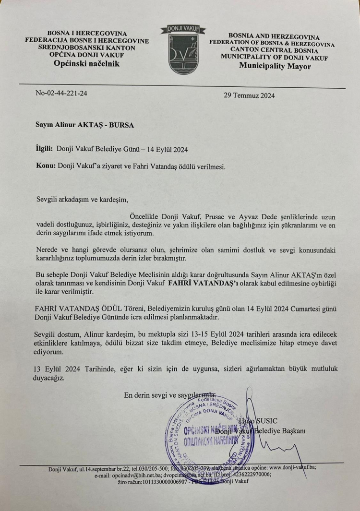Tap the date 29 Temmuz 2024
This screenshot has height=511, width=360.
coord(249,95)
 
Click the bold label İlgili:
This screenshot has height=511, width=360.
coord(45,149)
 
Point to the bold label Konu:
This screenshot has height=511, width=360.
coord(46,166)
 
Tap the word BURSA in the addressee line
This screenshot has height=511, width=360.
coord(122,125)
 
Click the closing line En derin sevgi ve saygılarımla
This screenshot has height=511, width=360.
coord(170,395)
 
